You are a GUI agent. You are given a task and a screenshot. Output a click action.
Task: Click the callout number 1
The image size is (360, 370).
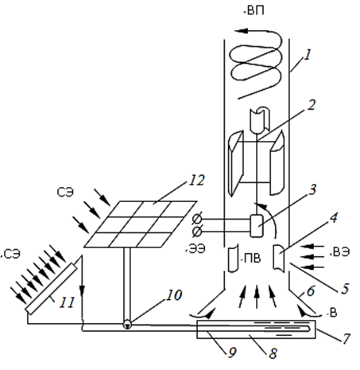tap(307, 55)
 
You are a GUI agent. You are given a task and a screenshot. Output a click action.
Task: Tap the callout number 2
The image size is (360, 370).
tap(312, 105)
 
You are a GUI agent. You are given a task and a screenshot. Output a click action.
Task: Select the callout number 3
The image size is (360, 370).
tap(312, 189)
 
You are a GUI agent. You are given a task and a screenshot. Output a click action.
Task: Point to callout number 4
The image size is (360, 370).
tap(334, 217)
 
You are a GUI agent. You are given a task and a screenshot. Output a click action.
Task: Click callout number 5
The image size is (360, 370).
tap(345, 288)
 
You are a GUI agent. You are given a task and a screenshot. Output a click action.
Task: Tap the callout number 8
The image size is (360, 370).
tap(273, 353)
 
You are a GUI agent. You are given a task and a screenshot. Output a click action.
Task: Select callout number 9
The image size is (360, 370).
tap(232, 352)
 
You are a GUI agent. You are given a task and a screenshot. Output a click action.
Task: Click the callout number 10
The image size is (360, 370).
tap(174, 294)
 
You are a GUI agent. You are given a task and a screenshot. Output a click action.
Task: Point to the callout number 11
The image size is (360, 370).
tap(67, 302)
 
